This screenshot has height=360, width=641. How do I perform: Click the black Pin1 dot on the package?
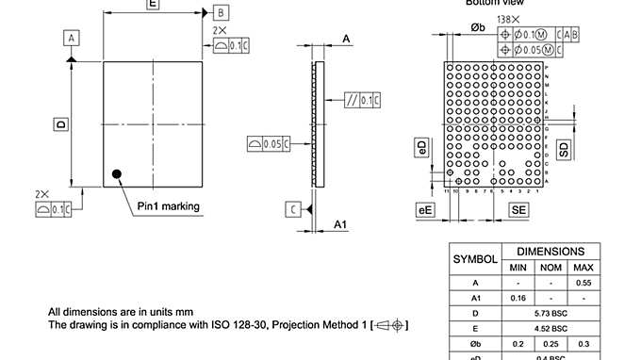[117, 172]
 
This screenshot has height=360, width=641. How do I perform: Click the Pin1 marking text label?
[168, 206]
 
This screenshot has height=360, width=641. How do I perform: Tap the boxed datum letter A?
[72, 37]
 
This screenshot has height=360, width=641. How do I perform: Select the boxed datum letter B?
[219, 12]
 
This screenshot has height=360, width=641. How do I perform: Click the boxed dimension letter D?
[60, 123]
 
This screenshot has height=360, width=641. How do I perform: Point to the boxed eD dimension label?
[422, 147]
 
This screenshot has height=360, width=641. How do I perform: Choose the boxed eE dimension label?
[425, 210]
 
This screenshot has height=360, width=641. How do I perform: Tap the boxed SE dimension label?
[518, 210]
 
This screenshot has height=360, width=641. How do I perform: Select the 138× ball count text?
[510, 19]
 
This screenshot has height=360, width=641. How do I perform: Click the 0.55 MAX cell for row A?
[584, 282]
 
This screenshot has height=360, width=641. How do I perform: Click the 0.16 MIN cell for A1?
[518, 297]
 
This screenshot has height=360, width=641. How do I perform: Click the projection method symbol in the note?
[389, 325]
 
